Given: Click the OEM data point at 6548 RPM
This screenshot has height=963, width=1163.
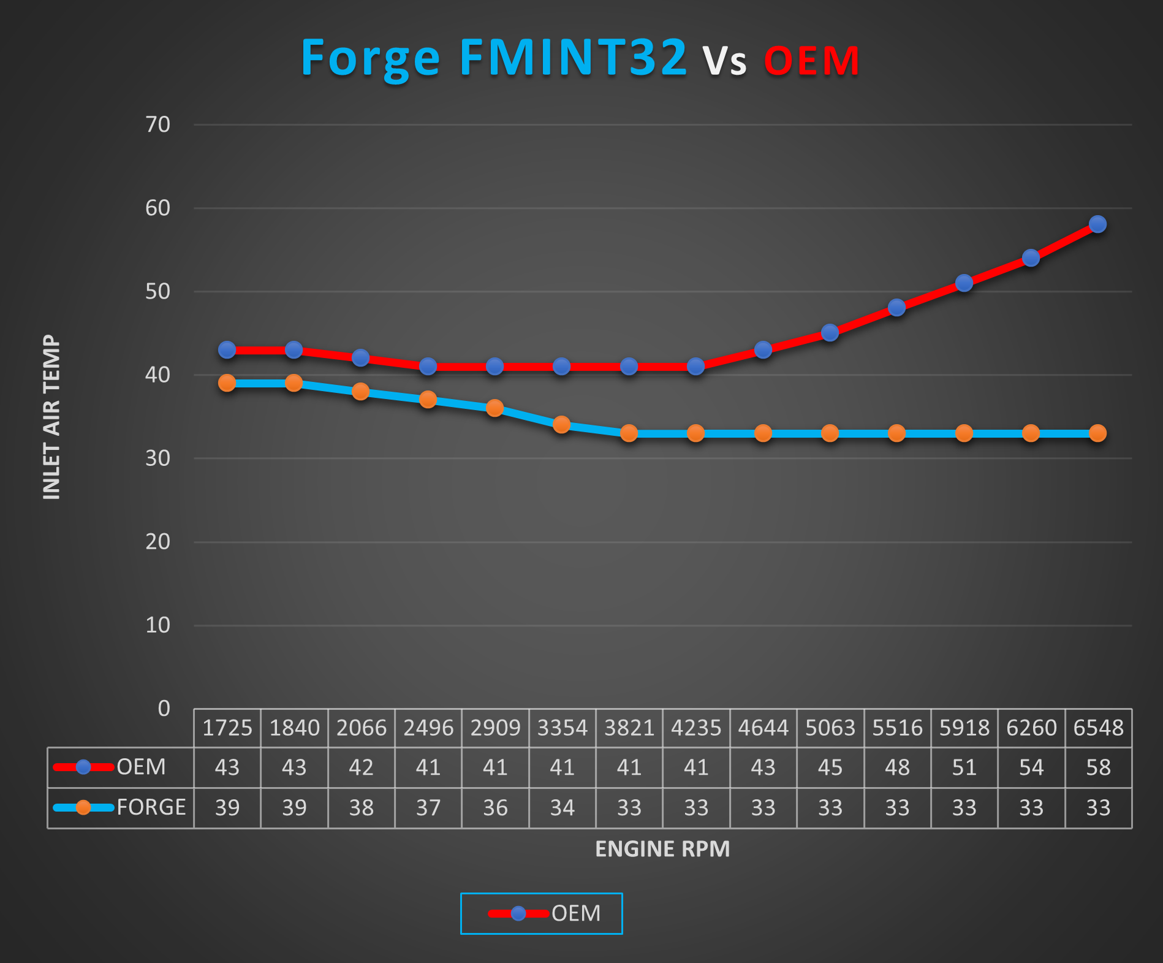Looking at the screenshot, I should click(1097, 224).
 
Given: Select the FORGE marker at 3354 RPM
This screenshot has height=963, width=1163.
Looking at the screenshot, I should click(561, 424).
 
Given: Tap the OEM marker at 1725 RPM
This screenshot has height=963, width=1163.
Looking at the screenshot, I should click(227, 350).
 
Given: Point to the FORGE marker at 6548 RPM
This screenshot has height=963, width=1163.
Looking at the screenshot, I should click(1097, 433).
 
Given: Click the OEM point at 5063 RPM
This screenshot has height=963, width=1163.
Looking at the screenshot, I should click(830, 333).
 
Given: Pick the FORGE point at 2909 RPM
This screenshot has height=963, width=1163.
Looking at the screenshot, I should click(494, 408).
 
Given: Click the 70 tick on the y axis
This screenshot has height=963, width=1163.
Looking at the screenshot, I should click(157, 124).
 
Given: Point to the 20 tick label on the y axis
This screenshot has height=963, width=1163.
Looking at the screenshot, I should click(157, 542).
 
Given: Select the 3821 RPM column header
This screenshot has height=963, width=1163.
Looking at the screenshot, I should click(629, 728).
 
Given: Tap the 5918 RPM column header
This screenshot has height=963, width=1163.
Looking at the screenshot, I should click(964, 728).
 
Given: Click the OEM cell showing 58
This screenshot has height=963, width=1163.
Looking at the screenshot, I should click(1098, 767).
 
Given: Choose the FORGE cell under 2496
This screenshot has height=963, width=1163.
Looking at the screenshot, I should click(428, 808).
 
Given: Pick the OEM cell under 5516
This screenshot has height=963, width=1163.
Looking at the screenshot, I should click(897, 767).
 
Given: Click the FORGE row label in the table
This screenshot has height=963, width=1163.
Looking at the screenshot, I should click(151, 807).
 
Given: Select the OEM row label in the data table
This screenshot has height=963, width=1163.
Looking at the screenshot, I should click(141, 767).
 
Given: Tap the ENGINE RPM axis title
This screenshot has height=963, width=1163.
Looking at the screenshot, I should click(662, 849).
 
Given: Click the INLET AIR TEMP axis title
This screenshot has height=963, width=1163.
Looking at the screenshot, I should click(51, 417).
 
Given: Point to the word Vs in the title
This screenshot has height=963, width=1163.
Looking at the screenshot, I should click(724, 61).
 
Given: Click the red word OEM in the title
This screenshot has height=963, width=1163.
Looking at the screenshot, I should click(812, 61).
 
